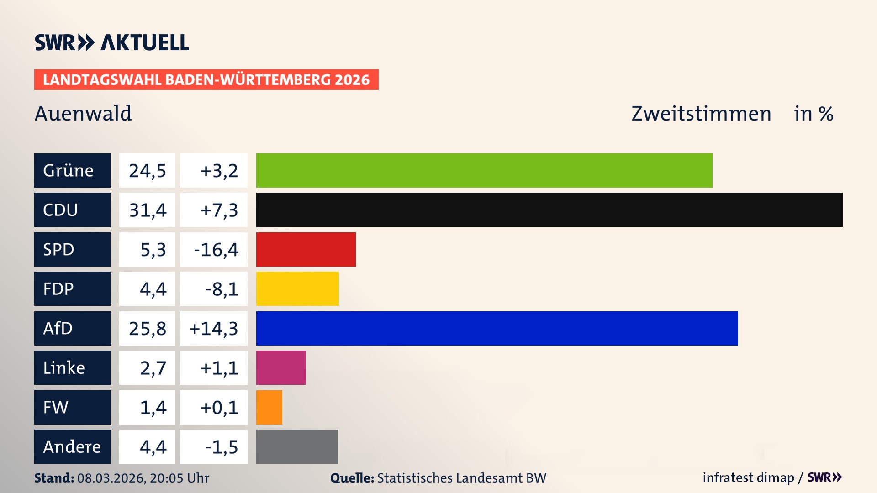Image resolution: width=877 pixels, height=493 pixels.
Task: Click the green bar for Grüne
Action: (x=484, y=170)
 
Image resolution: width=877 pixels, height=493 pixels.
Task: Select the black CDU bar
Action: (x=549, y=210)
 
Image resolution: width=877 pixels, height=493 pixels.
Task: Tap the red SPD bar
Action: (x=306, y=249)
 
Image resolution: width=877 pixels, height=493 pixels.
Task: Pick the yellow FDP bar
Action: (x=297, y=288)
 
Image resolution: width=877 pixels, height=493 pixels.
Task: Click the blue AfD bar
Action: (x=497, y=328)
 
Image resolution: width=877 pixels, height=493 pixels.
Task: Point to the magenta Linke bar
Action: (x=281, y=367)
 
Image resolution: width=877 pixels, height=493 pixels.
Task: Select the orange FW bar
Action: (x=269, y=407)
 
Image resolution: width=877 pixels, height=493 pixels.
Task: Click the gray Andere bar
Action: (x=297, y=446)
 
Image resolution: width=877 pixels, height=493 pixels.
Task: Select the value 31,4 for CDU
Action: (x=147, y=210)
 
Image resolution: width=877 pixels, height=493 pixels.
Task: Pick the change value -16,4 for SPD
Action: (x=216, y=250)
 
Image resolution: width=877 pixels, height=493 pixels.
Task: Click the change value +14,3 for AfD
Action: (x=214, y=329)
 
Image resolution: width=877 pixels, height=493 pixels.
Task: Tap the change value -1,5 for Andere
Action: (x=221, y=447)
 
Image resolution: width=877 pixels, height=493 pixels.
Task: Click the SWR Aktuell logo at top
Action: (x=111, y=42)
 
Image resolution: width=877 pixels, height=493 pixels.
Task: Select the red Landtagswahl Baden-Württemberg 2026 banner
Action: (x=206, y=80)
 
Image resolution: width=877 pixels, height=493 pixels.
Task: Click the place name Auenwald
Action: (x=83, y=113)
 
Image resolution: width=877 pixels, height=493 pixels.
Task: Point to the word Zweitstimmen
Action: (x=701, y=114)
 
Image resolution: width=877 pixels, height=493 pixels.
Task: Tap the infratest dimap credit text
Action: (x=748, y=477)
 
